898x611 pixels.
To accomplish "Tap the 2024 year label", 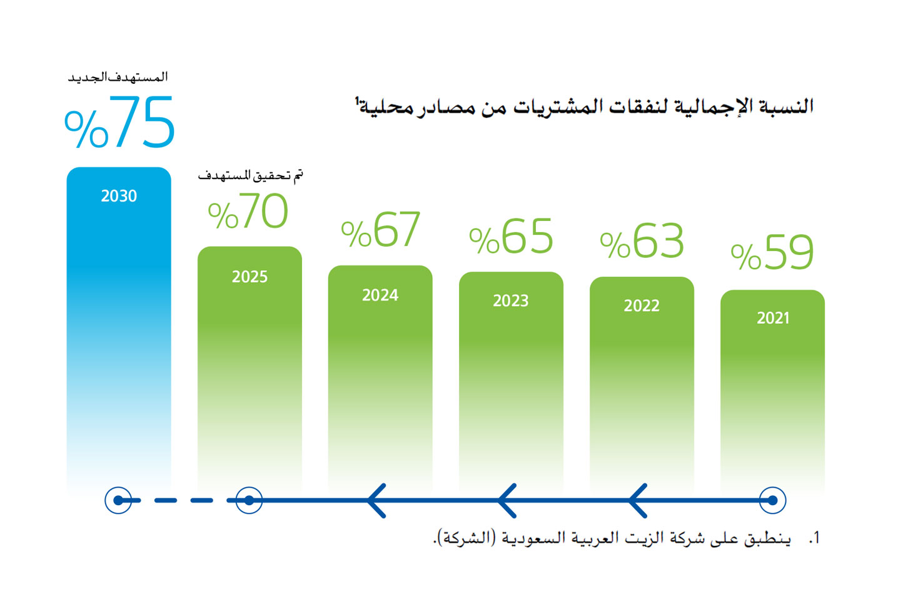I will coord(380,295).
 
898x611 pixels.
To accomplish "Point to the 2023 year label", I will coord(510,301).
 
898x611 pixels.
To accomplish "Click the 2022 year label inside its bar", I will coord(642,305).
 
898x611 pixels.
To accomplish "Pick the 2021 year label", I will coord(773,318).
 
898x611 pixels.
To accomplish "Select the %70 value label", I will coord(248,212).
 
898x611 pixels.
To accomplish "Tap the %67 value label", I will coord(380,230).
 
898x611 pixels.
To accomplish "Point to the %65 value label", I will coord(511,237).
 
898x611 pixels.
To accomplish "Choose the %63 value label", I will coord(642,242).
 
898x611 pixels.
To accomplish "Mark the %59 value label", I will coord(772,254).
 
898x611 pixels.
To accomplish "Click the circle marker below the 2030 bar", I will coord(118,500).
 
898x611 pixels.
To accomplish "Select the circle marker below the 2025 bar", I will coord(249,500).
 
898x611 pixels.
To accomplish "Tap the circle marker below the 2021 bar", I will coord(772,500).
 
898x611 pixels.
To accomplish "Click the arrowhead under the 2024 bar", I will coord(376,500).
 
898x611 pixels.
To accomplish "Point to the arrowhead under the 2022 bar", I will coord(638,500).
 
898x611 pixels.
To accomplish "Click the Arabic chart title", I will coord(585,106).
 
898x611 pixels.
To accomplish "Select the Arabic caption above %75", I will coord(118,77).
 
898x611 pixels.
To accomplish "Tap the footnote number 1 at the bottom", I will coord(814,538).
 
